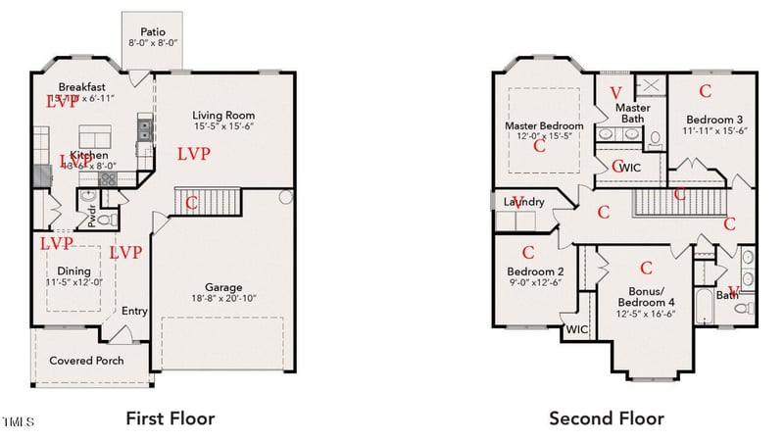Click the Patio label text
click(x=152, y=30)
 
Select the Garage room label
click(x=222, y=288)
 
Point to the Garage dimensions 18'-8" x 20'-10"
click(x=222, y=299)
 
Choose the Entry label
click(x=134, y=312)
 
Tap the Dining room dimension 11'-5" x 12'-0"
click(x=73, y=282)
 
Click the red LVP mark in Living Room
click(x=193, y=154)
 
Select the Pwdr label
click(x=92, y=219)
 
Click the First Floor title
click(x=170, y=418)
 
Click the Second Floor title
click(x=606, y=418)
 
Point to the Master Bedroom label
click(x=544, y=125)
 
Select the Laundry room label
click(x=523, y=202)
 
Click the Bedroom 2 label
click(x=535, y=271)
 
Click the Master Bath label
click(x=632, y=113)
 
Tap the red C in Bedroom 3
click(x=704, y=91)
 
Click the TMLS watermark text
click(x=17, y=422)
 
